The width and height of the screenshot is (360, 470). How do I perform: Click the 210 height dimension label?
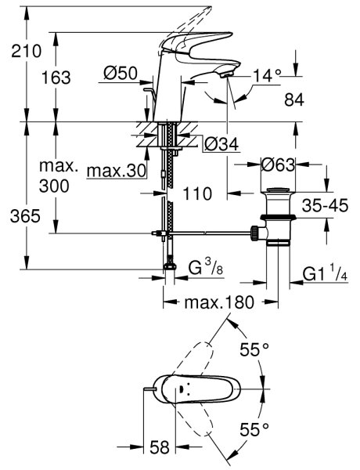coord(27,51)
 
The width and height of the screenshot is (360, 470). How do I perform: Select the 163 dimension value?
coord(56,78)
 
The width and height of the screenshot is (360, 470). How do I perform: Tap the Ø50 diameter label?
coord(121,73)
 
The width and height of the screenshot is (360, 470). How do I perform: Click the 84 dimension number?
coord(294,99)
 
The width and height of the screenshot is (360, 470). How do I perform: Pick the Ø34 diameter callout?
coord(221,144)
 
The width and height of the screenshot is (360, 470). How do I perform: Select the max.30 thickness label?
coord(117,171)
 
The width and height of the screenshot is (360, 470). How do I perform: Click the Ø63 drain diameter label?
coord(278,164)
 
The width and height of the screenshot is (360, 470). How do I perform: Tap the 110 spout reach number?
coord(197,193)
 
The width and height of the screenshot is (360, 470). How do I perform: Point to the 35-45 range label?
coord(325,205)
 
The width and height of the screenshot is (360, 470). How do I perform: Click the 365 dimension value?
coord(25,216)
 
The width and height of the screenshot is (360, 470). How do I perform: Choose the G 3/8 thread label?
coord(206,267)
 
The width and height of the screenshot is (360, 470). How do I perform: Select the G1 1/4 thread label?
coord(325,273)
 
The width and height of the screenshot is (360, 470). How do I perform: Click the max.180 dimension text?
coord(219,302)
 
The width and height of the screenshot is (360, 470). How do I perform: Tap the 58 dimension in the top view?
coord(160,447)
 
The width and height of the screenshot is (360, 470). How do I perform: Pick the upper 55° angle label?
coord(254,349)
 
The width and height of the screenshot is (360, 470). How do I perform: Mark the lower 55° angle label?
coord(254,430)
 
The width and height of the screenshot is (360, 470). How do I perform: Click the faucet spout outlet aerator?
coord(227,74)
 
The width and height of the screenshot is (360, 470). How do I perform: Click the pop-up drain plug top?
coord(279,190)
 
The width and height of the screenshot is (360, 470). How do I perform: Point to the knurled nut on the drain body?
coord(254,233)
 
